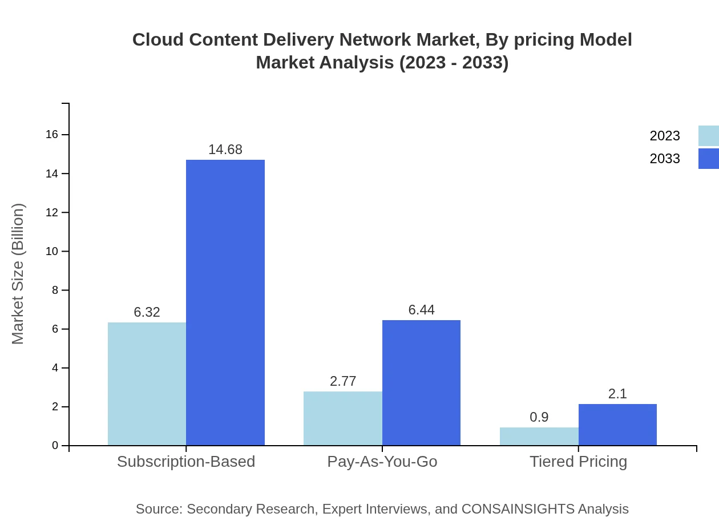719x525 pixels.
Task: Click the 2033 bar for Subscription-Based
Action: tap(225, 302)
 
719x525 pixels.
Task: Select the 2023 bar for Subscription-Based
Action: tap(147, 383)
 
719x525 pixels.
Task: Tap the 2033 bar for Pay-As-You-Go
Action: tap(421, 382)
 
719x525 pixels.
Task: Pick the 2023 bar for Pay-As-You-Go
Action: tap(342, 418)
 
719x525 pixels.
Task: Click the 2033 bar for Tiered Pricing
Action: tap(617, 425)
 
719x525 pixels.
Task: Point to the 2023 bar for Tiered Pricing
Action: tap(539, 437)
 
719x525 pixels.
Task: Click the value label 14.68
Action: tap(225, 150)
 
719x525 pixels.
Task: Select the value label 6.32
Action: tap(147, 312)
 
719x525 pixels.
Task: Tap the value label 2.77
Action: tap(343, 381)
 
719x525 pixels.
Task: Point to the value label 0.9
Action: tap(539, 417)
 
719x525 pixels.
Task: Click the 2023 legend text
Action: tap(665, 136)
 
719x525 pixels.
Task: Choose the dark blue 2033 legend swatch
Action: tap(708, 159)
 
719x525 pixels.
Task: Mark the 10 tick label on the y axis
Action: tap(52, 251)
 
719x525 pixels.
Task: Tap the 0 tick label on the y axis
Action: tap(55, 446)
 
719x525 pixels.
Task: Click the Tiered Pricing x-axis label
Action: tap(578, 461)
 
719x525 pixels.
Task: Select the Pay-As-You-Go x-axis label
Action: tap(382, 461)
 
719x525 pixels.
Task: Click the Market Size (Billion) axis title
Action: tap(18, 274)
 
